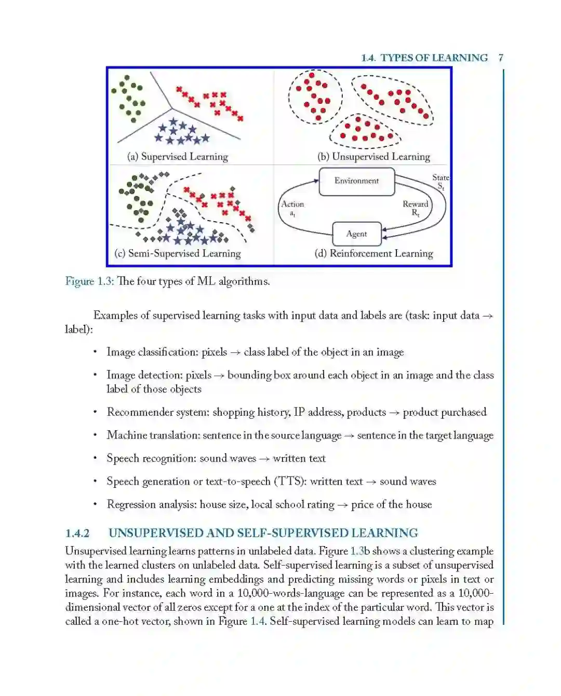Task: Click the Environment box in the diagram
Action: (356, 181)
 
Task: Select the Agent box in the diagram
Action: (356, 234)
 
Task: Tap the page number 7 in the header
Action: (501, 58)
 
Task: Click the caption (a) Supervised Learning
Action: (178, 157)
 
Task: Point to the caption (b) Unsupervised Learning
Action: (373, 157)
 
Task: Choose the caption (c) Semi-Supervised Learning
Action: (178, 253)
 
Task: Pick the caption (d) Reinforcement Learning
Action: (373, 253)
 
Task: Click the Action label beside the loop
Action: (292, 204)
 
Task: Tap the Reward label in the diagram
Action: (415, 204)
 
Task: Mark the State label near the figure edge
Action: (440, 178)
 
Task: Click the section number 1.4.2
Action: (77, 534)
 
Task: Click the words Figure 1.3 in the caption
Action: (89, 281)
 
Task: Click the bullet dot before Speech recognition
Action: (95, 458)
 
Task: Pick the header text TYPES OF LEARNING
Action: (434, 58)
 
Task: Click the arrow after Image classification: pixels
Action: (235, 352)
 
